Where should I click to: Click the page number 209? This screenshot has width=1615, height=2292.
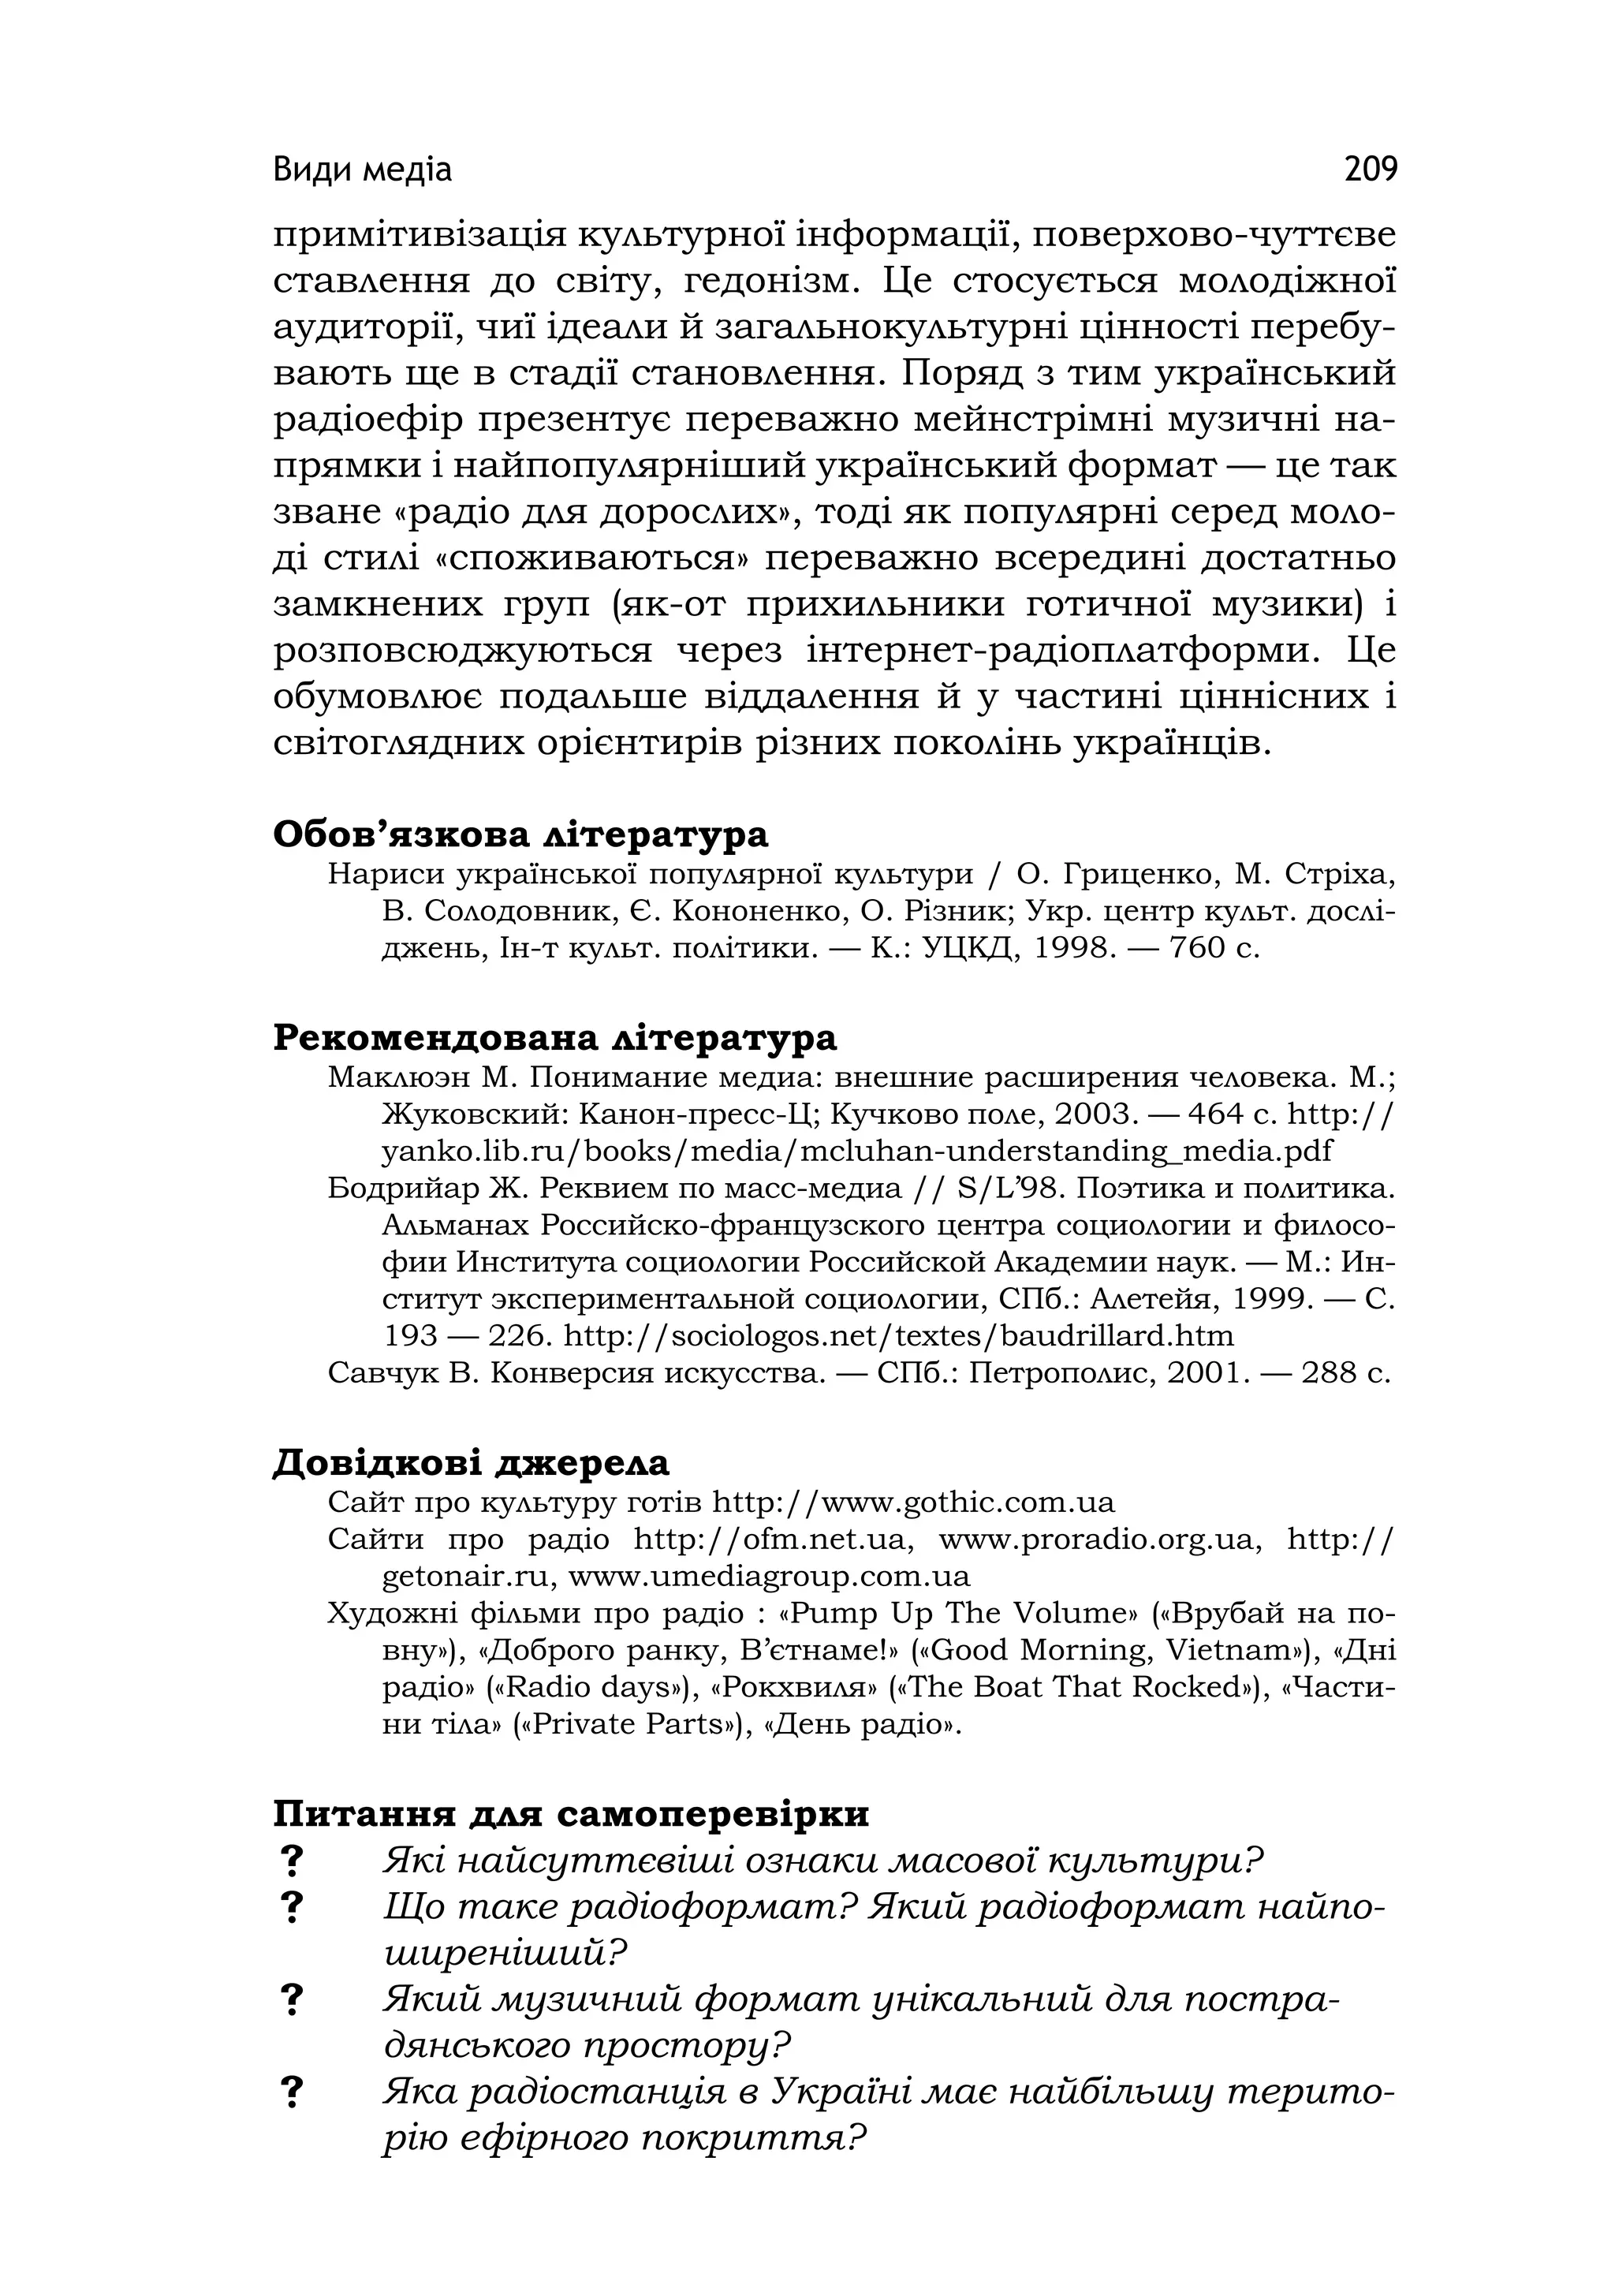(1371, 170)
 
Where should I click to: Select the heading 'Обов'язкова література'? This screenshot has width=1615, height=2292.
(520, 834)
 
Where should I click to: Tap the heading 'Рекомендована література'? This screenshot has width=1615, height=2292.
(555, 1037)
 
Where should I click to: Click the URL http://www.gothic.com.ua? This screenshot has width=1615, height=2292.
(913, 1502)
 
